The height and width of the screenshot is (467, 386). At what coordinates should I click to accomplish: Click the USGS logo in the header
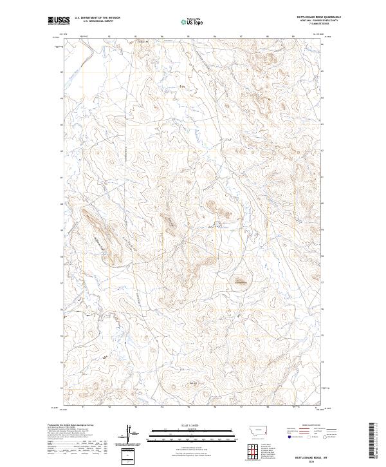click(59, 21)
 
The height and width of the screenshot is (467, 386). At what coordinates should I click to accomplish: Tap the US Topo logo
click(193, 21)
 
